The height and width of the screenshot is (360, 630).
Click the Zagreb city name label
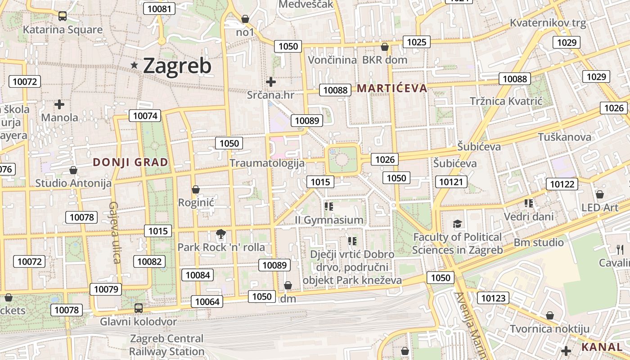[x=177, y=66]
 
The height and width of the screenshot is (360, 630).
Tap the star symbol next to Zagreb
[x=134, y=65]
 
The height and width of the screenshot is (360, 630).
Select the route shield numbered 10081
[x=159, y=9]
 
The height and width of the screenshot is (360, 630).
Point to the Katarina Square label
[x=63, y=30]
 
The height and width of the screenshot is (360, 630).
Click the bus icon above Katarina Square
[x=63, y=16]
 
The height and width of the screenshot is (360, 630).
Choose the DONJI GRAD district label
[x=130, y=162]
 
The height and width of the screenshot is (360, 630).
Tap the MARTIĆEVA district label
[x=391, y=88]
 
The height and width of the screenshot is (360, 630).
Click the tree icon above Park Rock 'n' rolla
[x=220, y=234]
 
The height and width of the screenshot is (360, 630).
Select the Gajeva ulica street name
[x=114, y=232]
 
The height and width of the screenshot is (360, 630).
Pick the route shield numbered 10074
[x=145, y=116]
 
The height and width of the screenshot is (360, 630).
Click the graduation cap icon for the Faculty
[x=457, y=224]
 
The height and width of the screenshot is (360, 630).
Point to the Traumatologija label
[x=267, y=163]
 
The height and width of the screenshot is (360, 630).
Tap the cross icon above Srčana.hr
[x=270, y=82]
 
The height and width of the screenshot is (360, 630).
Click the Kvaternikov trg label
[x=548, y=23]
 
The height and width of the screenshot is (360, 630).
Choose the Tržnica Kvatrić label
[x=506, y=101]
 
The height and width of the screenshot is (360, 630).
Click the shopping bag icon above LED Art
[x=599, y=194]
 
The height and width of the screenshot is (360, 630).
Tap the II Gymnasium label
[x=329, y=220]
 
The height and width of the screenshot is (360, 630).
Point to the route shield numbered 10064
[x=207, y=301]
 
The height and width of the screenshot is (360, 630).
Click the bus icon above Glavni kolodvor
[x=139, y=308]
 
